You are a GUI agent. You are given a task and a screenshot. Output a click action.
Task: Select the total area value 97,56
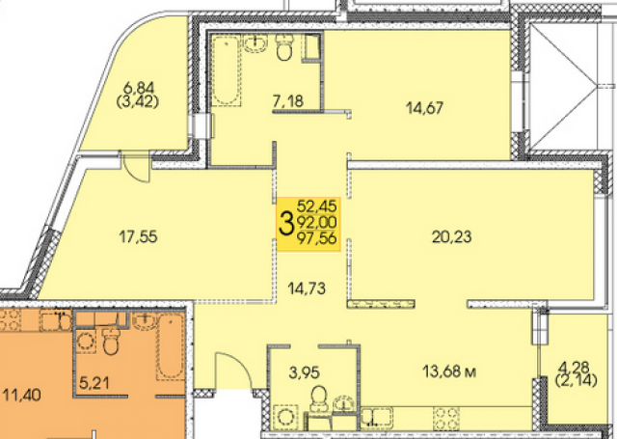(x=317, y=240)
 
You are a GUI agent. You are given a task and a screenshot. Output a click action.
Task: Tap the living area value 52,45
(x=317, y=206)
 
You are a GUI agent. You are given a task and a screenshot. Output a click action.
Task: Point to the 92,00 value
(x=317, y=223)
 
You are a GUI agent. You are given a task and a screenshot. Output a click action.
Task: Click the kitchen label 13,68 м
(x=444, y=370)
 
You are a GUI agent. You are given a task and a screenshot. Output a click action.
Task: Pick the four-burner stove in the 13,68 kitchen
(x=448, y=418)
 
